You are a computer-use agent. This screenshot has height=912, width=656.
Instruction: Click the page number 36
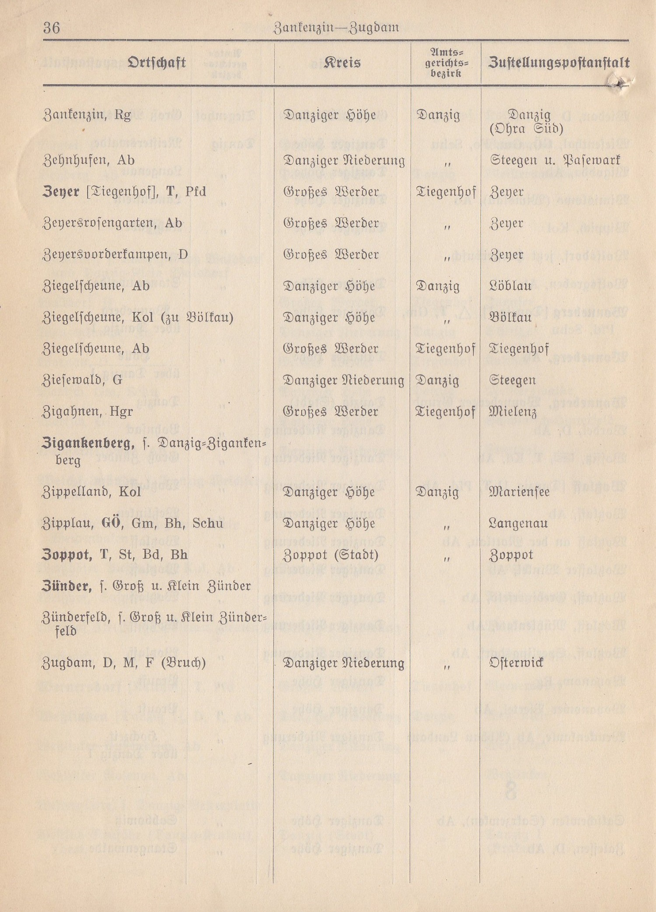coord(52,28)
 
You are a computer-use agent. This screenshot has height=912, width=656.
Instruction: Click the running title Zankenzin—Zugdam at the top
coord(336,28)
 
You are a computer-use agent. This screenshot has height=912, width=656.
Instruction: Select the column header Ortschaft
coord(157,63)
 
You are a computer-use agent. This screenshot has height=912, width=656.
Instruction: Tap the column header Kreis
coord(342,63)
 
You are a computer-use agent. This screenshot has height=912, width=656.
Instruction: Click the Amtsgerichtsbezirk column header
coord(446,63)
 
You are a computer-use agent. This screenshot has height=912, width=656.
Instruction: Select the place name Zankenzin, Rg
coord(87,116)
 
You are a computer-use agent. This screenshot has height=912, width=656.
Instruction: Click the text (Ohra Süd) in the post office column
coord(526,129)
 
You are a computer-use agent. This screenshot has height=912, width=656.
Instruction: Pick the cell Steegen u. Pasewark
coord(555,160)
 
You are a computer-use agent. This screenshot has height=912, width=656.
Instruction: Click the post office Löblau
coord(510,286)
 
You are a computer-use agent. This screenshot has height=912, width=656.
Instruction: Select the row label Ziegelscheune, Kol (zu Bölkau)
coord(138,317)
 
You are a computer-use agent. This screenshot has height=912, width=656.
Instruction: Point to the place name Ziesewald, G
coord(82,380)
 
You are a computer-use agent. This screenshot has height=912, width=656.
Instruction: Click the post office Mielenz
coord(513,412)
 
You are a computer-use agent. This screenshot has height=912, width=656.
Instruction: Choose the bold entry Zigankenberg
coord(87,444)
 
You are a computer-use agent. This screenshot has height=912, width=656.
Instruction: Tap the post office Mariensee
coord(519,492)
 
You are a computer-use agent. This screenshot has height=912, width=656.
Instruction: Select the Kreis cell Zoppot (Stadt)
coord(330,555)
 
